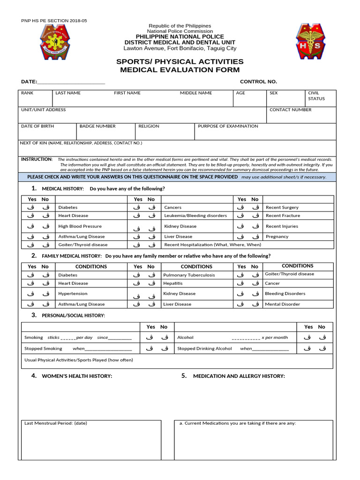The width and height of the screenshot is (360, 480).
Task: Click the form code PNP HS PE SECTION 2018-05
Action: click(54, 21)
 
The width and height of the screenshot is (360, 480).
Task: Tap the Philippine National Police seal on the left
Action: click(54, 42)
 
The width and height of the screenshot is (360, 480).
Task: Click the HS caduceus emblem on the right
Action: click(310, 42)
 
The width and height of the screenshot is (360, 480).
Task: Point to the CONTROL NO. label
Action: click(258, 82)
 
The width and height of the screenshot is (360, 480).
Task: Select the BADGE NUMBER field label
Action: click(97, 126)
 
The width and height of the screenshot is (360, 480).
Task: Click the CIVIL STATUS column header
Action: click(316, 96)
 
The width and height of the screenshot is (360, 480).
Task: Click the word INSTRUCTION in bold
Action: click(37, 159)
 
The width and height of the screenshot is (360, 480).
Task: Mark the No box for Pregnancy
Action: click(255, 237)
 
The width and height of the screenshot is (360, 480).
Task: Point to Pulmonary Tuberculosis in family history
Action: click(189, 275)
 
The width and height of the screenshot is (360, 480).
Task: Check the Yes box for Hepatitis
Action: click(137, 284)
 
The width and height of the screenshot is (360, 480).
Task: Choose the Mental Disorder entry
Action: click(282, 304)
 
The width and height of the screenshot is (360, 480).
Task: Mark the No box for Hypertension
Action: click(45, 294)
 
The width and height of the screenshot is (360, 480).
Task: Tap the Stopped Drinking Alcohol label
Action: click(204, 349)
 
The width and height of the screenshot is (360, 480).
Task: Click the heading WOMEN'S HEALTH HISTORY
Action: click(77, 376)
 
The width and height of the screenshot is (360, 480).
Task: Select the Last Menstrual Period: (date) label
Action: click(55, 423)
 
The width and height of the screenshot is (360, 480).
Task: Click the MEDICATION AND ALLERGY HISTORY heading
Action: click(239, 376)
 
